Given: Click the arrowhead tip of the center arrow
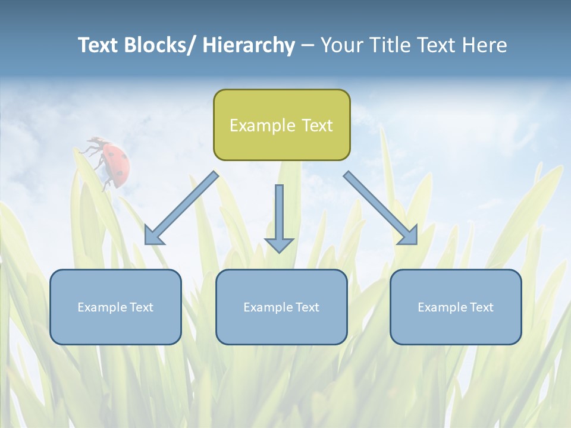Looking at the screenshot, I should [279, 251].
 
